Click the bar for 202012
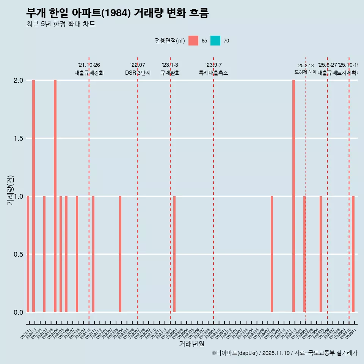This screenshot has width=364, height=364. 33,196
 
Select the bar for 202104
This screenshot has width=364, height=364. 55,196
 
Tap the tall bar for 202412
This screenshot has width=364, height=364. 293,196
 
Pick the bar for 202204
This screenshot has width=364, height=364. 120,254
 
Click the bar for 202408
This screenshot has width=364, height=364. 272,254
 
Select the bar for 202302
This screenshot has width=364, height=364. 174,254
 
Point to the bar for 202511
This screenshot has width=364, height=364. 353,254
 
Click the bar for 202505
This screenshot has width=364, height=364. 320,254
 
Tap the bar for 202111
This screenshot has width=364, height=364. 93,254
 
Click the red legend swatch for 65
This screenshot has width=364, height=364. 193,41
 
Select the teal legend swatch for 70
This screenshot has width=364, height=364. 215,41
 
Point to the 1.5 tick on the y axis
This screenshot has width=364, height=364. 18,138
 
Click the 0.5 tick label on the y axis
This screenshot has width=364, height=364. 18,254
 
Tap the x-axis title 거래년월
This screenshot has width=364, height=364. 191,344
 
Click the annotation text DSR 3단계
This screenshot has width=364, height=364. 138,73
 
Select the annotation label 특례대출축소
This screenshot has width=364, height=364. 213,73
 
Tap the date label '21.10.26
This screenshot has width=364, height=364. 89,65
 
